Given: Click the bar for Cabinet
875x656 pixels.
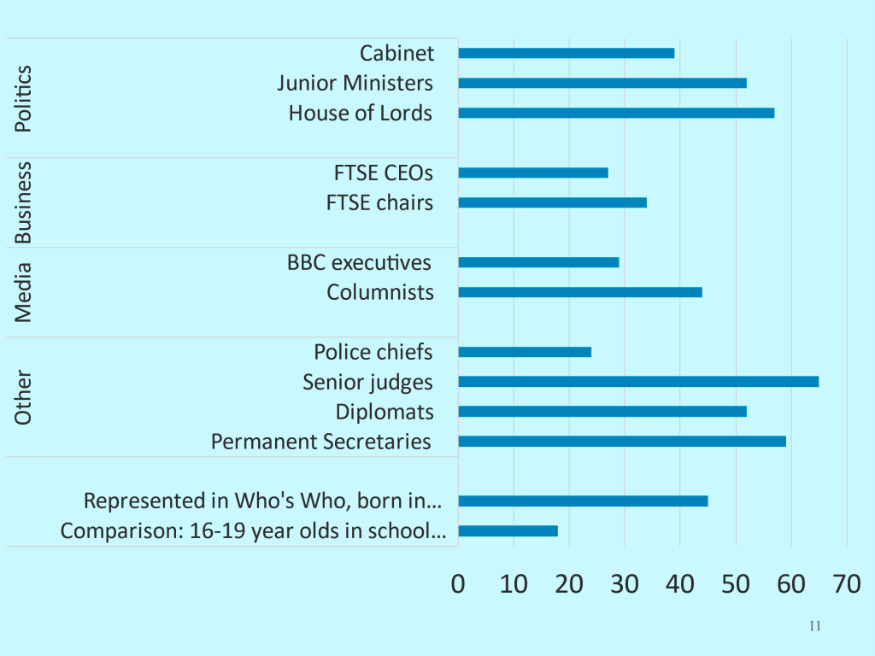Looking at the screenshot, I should click(567, 53).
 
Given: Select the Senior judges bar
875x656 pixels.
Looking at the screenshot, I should click(638, 382).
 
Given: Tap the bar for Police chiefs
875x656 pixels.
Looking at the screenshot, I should click(525, 352).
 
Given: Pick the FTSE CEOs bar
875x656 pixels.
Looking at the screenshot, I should click(533, 173).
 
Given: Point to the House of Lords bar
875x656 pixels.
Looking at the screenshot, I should click(616, 113).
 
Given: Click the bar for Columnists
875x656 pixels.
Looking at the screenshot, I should click(580, 292).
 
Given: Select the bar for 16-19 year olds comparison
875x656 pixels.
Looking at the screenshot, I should click(508, 531).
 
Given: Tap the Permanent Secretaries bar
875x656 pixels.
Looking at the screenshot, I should click(622, 442).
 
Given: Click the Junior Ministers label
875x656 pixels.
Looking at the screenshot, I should click(355, 83).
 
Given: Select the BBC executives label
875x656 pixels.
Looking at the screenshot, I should click(359, 262).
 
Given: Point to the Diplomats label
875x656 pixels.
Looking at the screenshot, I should click(385, 412).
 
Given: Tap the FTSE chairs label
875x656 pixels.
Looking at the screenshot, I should click(379, 202).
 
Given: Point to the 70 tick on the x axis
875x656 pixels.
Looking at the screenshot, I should click(846, 585).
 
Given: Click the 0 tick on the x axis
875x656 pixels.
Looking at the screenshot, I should click(459, 585).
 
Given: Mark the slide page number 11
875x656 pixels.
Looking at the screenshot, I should click(814, 626).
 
